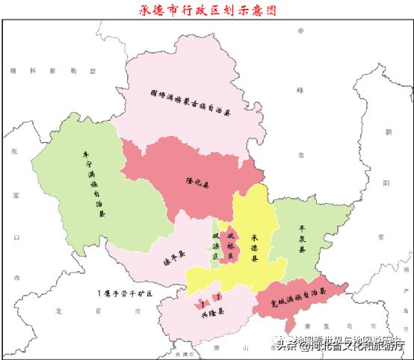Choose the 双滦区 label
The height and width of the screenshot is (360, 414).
[x=216, y=246]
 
